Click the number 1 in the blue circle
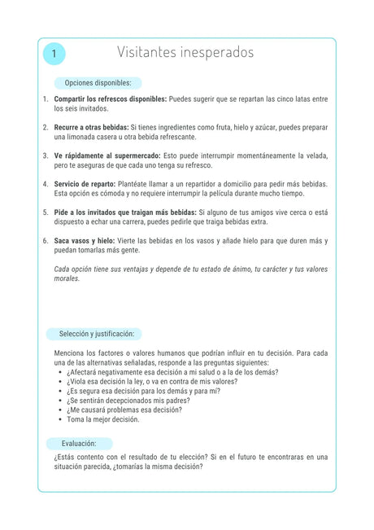pos(54,54)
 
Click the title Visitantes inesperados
pos(185,53)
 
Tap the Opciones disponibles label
pos(98,83)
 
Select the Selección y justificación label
pos(95,334)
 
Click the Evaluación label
pos(79,444)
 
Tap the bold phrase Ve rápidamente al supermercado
pos(107,155)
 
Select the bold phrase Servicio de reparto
pos(85,184)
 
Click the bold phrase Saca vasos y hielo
pos(82,241)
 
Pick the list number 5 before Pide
pos(46,212)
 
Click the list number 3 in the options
pos(46,155)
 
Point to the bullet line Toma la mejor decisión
pos(103,420)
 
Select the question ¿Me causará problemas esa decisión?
pos(124,410)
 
